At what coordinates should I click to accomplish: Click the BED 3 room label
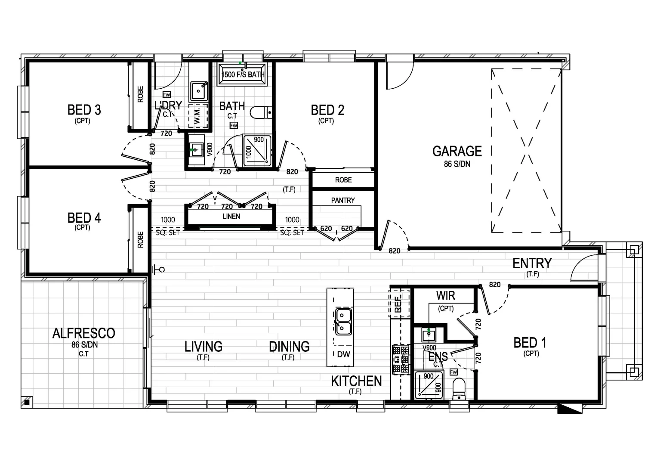(x=84, y=110)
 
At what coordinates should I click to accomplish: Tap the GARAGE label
(x=457, y=152)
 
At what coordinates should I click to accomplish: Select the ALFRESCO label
(x=84, y=333)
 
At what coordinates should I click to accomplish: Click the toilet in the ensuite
(x=459, y=388)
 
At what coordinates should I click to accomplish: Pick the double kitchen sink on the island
(x=343, y=322)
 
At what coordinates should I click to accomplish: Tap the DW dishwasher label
(x=343, y=354)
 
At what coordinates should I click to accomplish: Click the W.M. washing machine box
(x=198, y=115)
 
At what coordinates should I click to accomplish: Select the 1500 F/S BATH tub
(x=243, y=74)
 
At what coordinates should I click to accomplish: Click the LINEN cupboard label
(x=231, y=216)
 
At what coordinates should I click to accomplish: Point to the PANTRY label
(x=343, y=200)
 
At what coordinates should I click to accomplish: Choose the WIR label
(x=445, y=296)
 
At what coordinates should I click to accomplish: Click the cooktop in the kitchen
(x=401, y=359)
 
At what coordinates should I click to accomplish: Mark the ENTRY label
(x=532, y=263)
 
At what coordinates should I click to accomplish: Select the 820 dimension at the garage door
(x=394, y=251)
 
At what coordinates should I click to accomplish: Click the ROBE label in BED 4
(x=140, y=240)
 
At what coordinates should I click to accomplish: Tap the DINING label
(x=289, y=347)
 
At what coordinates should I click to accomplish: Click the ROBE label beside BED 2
(x=343, y=180)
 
